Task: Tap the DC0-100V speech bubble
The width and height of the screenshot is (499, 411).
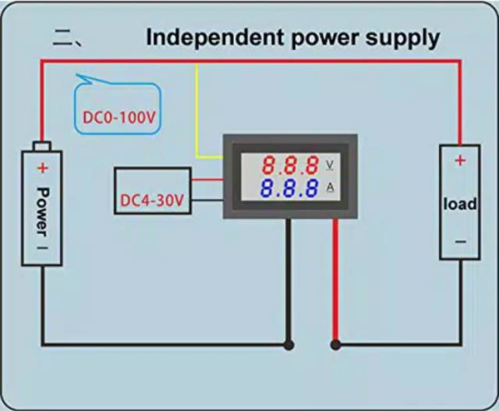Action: point(118,117)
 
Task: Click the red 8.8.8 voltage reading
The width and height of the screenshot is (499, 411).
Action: point(290,165)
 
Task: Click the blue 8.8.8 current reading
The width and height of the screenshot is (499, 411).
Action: point(290,189)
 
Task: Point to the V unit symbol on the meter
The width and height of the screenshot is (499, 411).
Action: point(329,165)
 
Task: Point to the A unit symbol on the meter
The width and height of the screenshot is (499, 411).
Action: point(329,189)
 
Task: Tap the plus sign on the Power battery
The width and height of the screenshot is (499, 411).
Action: point(42,168)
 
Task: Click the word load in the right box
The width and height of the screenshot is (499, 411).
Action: point(460,204)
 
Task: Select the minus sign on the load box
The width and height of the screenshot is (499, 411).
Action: point(460,243)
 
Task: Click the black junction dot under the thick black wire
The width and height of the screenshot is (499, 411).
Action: point(288,344)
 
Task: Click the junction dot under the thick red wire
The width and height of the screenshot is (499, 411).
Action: point(336,344)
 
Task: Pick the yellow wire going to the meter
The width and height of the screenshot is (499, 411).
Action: point(198,117)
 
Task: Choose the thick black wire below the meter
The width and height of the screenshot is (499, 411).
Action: point(288,281)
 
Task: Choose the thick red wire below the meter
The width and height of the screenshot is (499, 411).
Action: point(336,281)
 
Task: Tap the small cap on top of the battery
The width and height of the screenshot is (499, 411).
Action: point(42,145)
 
